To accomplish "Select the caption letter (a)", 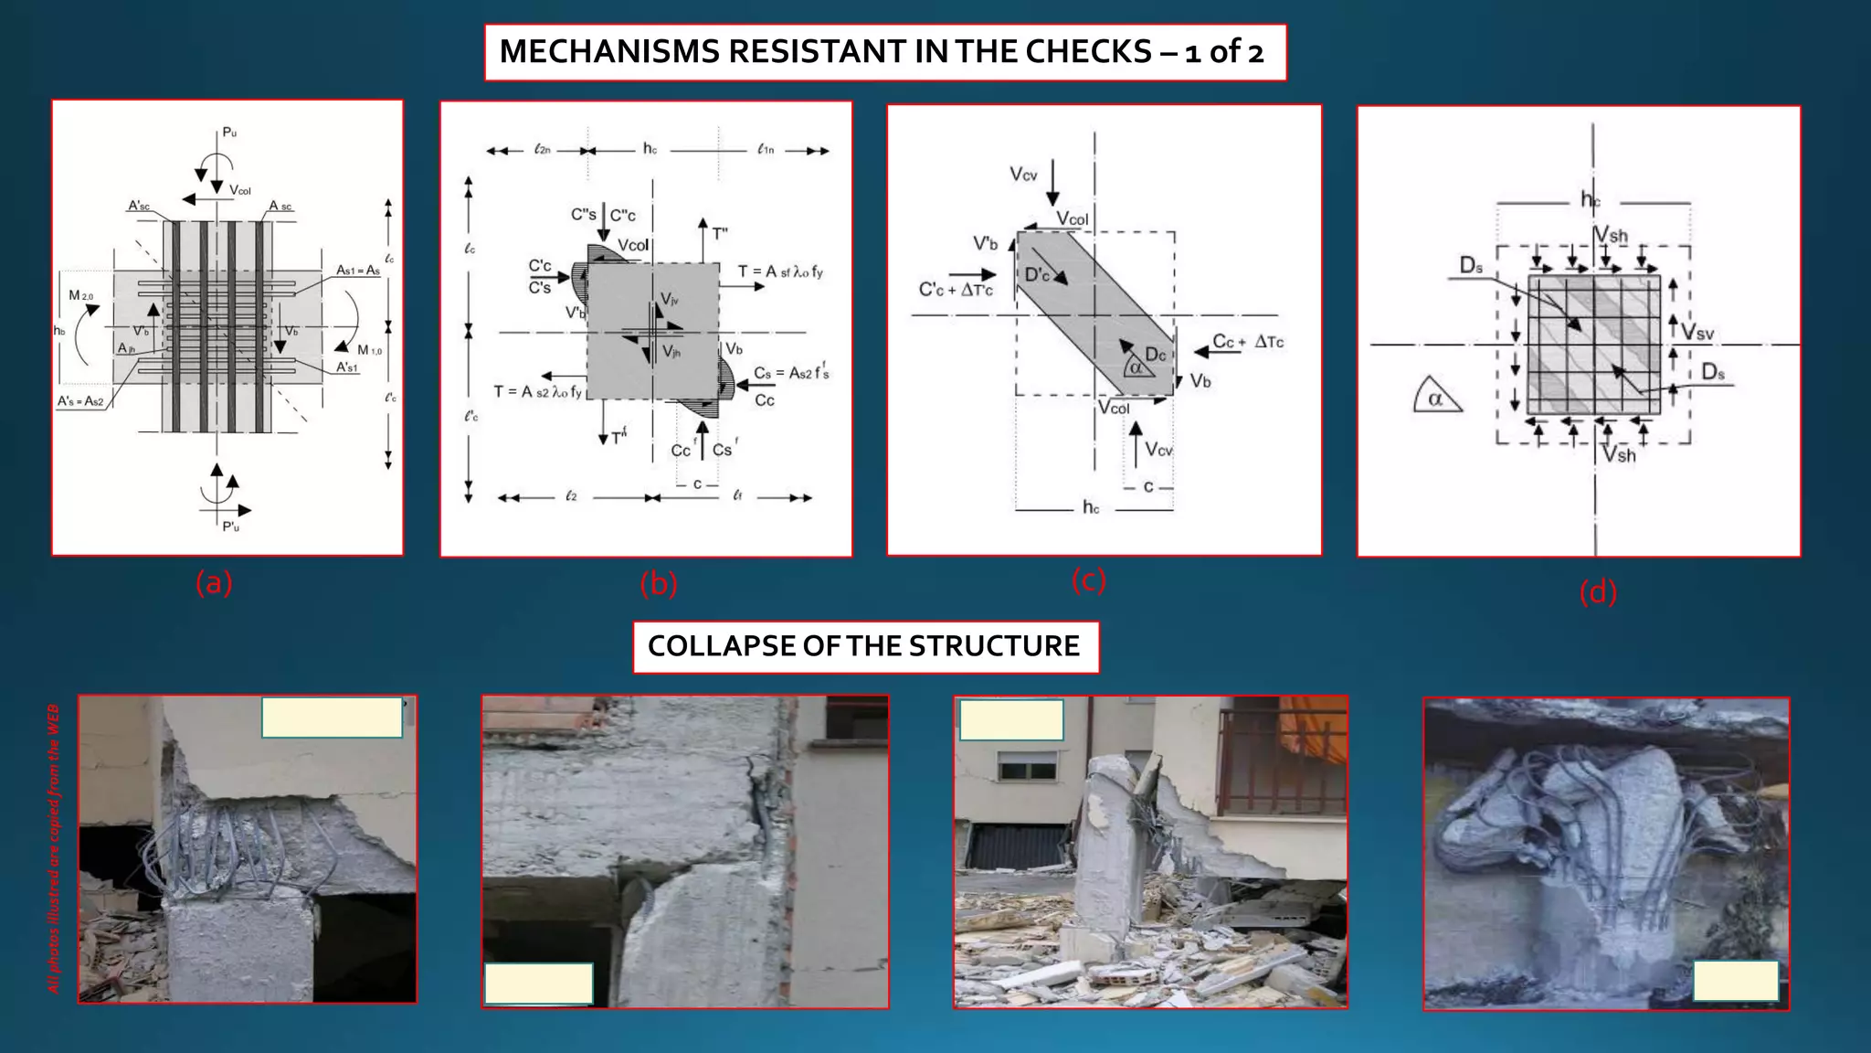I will (x=214, y=582).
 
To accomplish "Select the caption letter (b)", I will (x=658, y=583).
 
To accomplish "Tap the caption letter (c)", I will (x=1088, y=580).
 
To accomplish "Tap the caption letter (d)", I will (x=1598, y=592).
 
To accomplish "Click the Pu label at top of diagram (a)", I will (x=229, y=133).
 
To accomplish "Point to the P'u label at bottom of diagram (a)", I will (x=230, y=526).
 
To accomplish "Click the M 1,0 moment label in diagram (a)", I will (x=369, y=350).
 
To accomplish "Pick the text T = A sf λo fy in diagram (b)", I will (x=780, y=271).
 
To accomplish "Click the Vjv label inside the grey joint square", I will (x=670, y=300).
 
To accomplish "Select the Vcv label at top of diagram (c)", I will (x=1023, y=174).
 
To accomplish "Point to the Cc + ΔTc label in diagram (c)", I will (x=1247, y=342).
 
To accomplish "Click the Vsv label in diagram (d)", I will (x=1697, y=333).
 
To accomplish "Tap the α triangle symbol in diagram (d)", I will (x=1435, y=399).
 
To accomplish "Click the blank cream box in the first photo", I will (x=332, y=718).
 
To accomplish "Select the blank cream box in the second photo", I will (x=538, y=984).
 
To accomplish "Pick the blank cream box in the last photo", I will (x=1735, y=981).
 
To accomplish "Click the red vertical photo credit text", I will (x=54, y=848).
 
